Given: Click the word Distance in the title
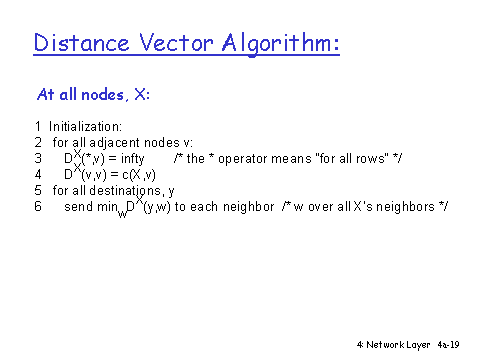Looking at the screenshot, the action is tap(81, 42).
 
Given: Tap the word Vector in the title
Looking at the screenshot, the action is tap(176, 42).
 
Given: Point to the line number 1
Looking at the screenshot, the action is tap(38, 127).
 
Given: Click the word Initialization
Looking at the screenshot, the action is tap(85, 127).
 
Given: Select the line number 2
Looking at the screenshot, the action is tap(38, 143).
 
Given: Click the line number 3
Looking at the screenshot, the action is tap(38, 158).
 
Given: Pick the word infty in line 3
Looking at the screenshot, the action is tap(133, 159).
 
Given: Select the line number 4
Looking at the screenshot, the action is tap(38, 174).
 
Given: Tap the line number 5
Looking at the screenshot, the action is tap(38, 190).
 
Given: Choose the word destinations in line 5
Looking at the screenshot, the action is tap(127, 191).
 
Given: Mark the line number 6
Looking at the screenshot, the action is tap(38, 206).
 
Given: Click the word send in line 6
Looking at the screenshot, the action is tap(79, 207).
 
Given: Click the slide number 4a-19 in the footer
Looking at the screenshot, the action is tap(448, 345).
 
